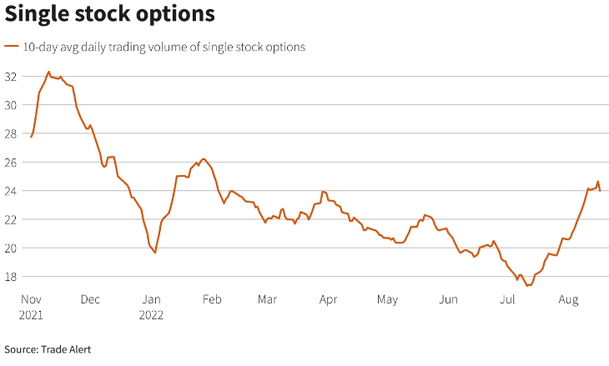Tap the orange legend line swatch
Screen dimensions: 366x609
(x=13, y=47)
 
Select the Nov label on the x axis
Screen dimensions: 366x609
(x=31, y=299)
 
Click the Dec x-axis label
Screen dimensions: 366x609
(x=90, y=299)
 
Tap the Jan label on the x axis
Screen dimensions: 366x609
(x=150, y=299)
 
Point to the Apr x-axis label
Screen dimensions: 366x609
(x=328, y=299)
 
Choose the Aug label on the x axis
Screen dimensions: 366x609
(x=569, y=299)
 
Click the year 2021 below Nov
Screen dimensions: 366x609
(x=32, y=315)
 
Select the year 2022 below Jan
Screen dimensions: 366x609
(x=151, y=315)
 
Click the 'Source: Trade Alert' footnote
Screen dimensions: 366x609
(x=48, y=349)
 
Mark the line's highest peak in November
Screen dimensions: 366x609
(x=48, y=72)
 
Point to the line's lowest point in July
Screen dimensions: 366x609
(x=528, y=285)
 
